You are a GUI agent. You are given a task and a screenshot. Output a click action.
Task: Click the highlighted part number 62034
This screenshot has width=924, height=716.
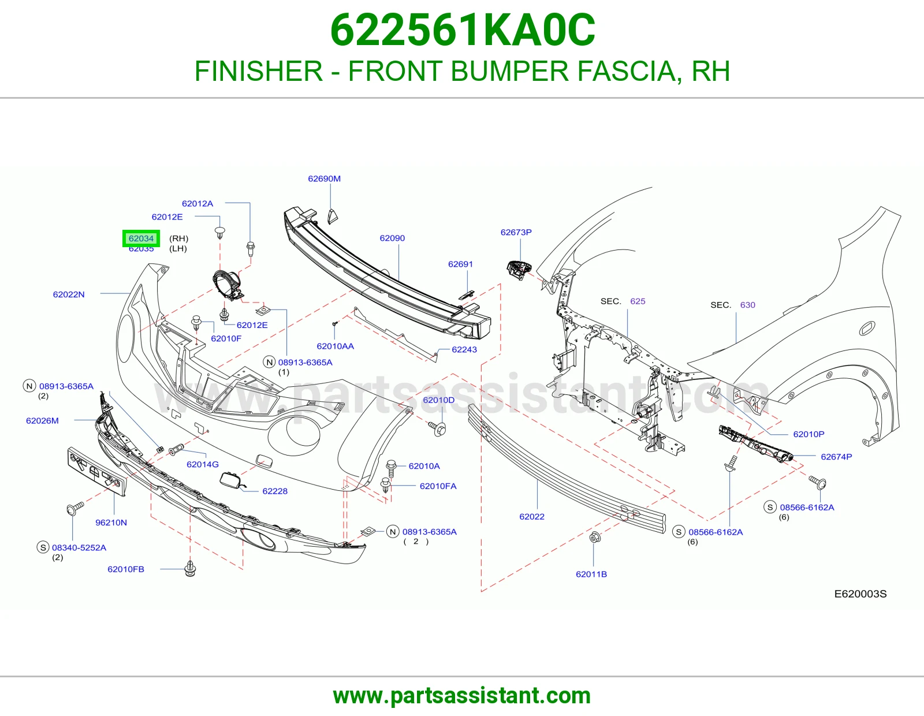(x=141, y=238)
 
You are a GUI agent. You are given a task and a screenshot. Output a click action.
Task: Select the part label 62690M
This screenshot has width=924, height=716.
(x=324, y=178)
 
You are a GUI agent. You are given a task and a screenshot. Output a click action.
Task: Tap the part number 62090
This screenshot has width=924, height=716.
(x=392, y=238)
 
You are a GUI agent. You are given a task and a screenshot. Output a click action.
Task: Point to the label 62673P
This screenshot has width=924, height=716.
(x=516, y=232)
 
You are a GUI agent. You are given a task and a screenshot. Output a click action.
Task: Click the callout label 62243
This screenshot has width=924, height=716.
(x=464, y=349)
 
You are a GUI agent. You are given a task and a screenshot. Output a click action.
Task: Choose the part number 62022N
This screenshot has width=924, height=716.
(x=69, y=294)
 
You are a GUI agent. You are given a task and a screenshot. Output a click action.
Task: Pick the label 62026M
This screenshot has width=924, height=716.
(x=42, y=420)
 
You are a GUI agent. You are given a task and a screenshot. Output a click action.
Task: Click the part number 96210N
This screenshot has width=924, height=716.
(x=111, y=523)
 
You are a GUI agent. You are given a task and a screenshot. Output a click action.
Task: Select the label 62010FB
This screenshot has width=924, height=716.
(x=125, y=569)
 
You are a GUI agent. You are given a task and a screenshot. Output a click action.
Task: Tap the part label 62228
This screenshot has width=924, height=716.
(x=275, y=491)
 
